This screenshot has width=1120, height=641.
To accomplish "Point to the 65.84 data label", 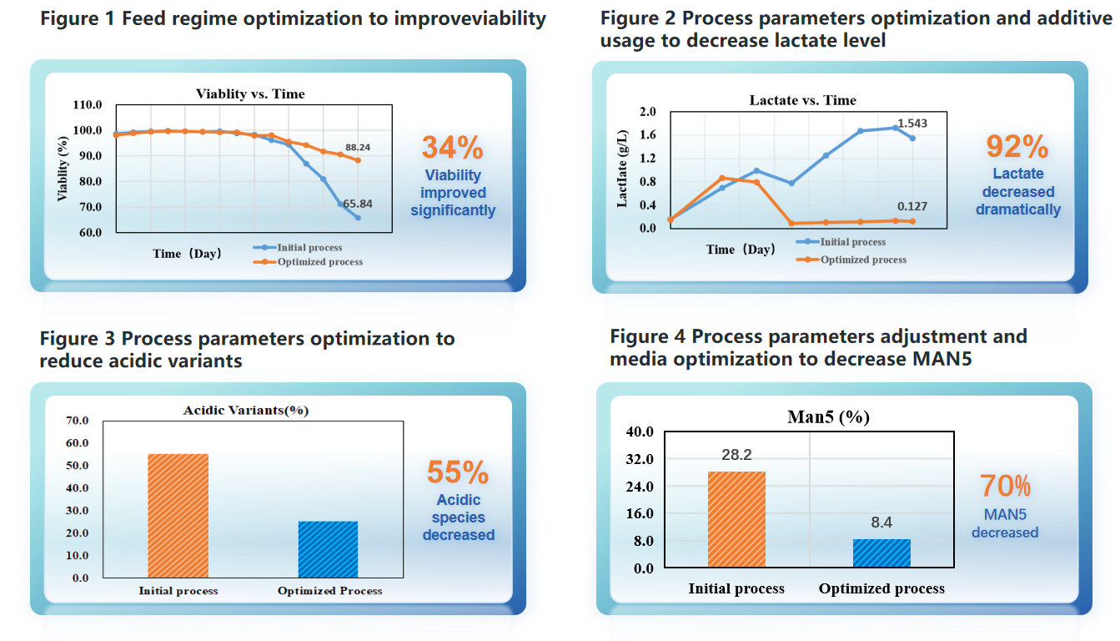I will pos(357,203).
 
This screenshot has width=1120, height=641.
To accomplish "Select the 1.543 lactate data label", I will pos(912,124).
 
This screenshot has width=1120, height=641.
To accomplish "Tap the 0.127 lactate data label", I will pos(912,207).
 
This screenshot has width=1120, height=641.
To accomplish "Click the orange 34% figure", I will pos(452,148).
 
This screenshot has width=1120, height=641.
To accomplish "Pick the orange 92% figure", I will pos(1017,146).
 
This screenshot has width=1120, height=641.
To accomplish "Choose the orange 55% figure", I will pos(458,472).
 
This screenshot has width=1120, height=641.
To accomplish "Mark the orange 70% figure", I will pos(1005,486).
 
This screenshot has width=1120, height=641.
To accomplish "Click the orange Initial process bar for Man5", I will pos(736,519).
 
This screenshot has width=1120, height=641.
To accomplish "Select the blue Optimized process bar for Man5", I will pos(881,553).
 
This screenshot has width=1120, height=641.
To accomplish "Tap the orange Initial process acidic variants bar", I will pos(178,515).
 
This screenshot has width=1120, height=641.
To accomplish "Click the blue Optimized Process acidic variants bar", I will pos(328,549).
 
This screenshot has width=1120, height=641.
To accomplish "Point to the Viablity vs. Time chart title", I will pos(250,93).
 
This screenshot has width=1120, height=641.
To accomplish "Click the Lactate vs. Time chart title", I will pos(802,100).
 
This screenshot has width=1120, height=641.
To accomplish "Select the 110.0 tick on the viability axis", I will pos(88,105).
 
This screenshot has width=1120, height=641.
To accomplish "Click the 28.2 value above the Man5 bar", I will pos(736,455).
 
